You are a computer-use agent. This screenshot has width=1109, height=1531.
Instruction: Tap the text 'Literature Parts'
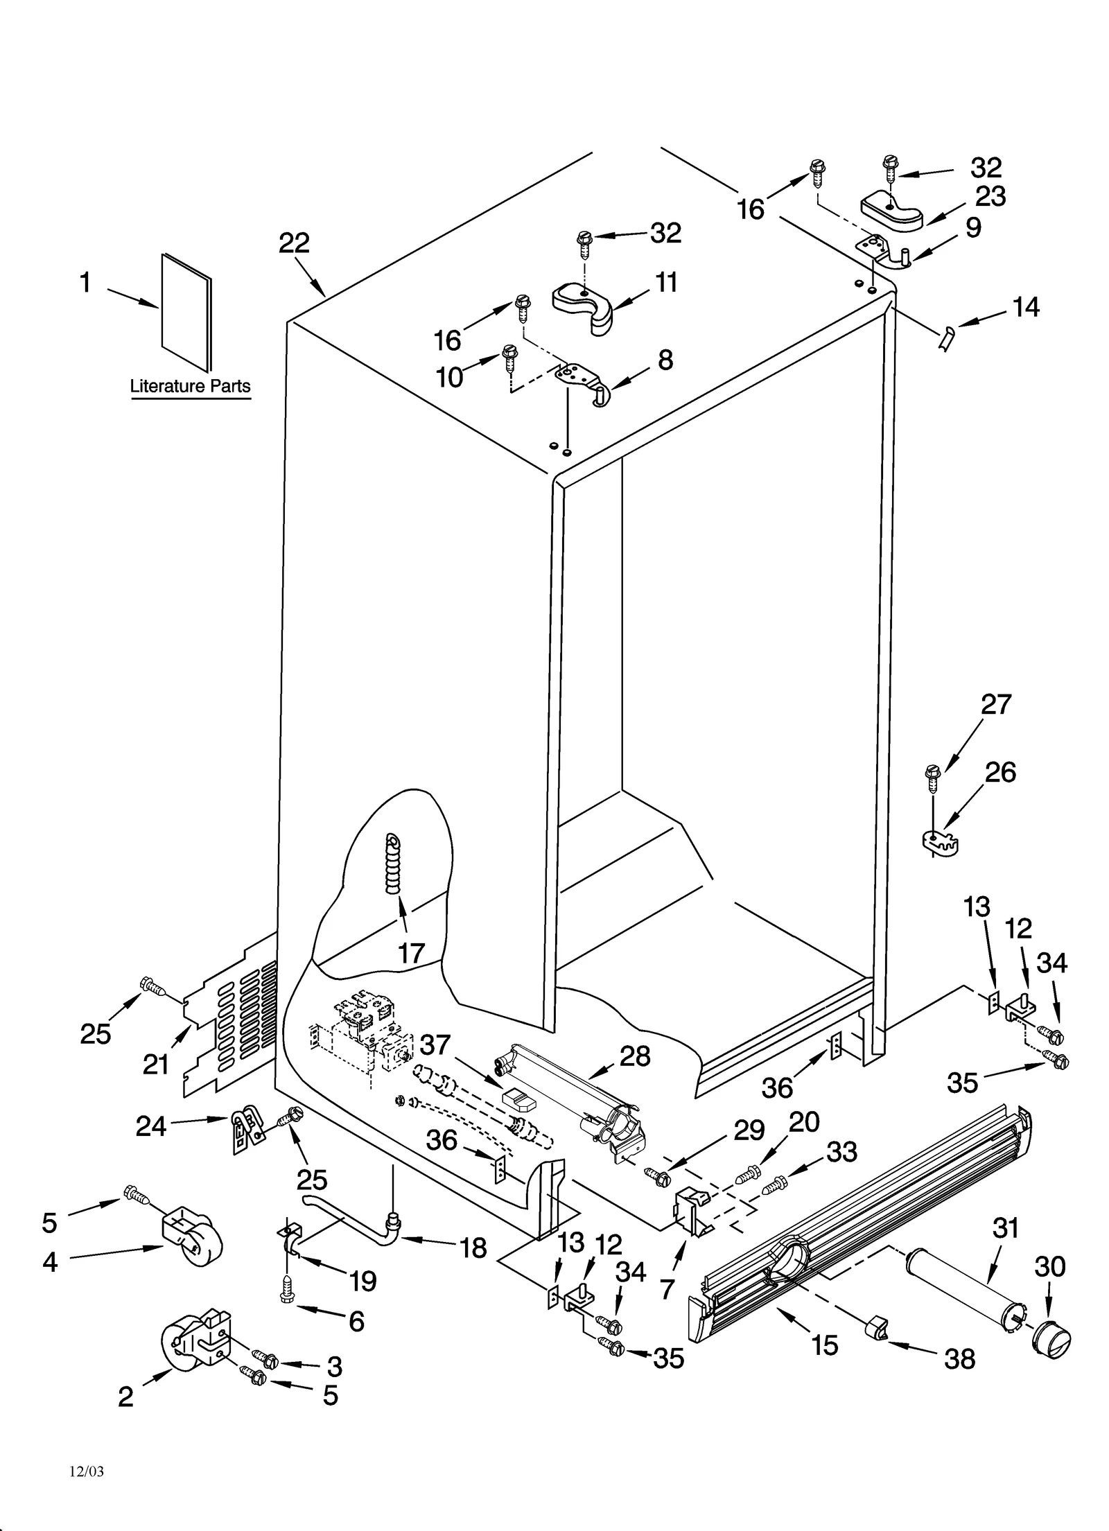pos(190,386)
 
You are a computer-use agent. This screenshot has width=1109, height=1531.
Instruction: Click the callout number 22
pos(294,243)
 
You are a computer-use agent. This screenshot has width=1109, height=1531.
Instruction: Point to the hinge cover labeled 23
pos(892,211)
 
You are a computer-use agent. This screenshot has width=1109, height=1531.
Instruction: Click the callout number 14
pos(1026,307)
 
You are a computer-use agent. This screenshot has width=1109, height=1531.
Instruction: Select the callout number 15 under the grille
pos(825,1345)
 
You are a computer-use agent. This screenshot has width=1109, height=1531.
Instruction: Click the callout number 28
pos(635,1056)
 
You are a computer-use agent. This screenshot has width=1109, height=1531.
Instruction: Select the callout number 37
pos(435,1044)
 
